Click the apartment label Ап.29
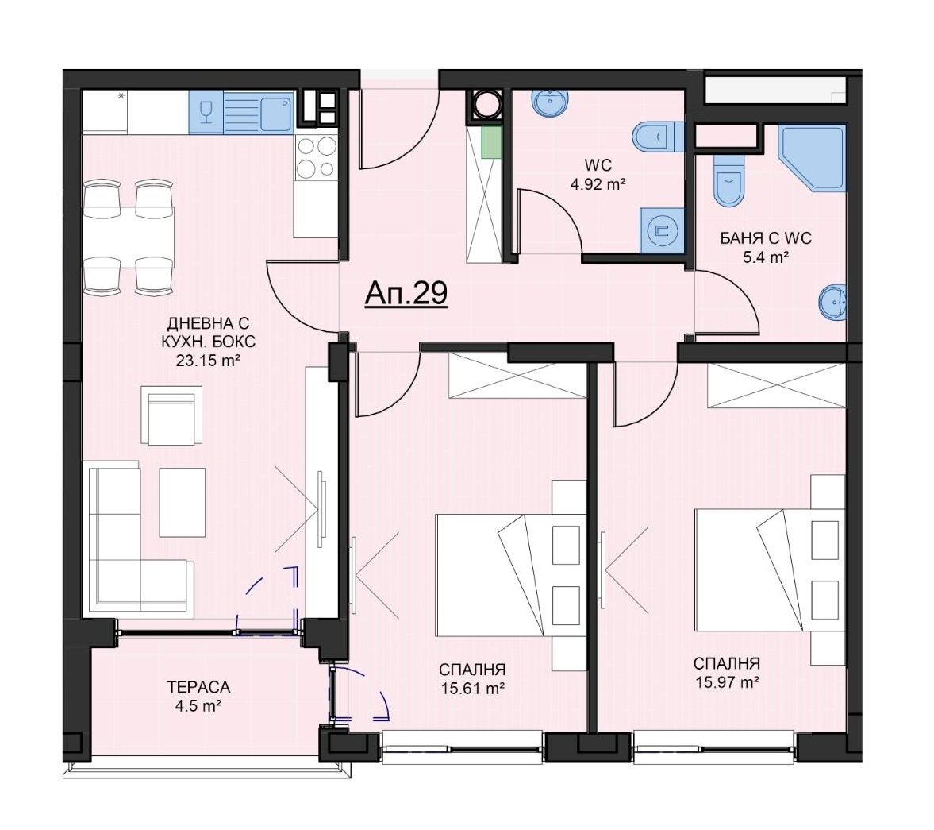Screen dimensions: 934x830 (x=406, y=293)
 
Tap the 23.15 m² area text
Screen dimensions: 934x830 (x=208, y=360)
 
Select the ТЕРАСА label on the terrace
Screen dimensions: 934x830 (x=198, y=687)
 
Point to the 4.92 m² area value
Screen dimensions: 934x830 (x=598, y=183)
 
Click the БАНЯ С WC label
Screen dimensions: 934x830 (x=766, y=238)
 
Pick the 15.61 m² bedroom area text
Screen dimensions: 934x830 (x=473, y=689)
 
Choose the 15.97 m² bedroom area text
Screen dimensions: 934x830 (x=727, y=682)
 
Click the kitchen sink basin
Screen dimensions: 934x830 (x=276, y=112)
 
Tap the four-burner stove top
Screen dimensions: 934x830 (x=316, y=156)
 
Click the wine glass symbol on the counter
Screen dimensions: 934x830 (x=206, y=112)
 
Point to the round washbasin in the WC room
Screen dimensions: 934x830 (x=550, y=102)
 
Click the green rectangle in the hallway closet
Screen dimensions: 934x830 (x=490, y=142)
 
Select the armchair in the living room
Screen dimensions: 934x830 (x=171, y=415)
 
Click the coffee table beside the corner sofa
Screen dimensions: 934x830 (x=183, y=502)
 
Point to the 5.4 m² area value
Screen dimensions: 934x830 (x=766, y=257)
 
